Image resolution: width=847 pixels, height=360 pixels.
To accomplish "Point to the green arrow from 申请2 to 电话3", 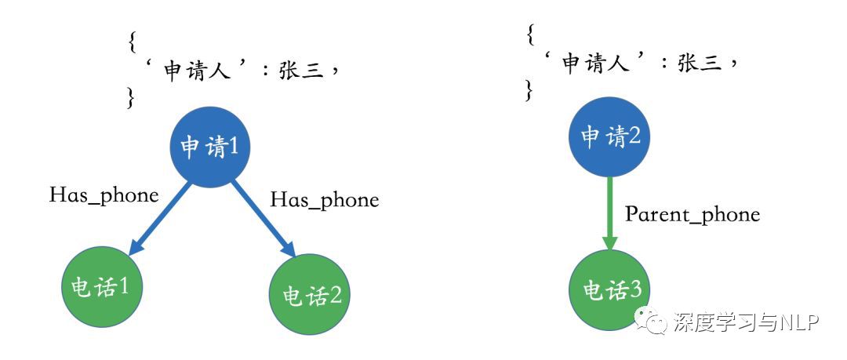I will pos(610,213).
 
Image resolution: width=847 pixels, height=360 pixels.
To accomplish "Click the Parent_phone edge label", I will pos(692,214).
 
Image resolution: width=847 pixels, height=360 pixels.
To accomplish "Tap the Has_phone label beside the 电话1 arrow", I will pos(104,195).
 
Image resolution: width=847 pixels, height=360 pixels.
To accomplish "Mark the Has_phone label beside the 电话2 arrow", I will pos(324,200).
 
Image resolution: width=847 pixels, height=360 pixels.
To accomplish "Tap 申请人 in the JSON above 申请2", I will pos(593,64).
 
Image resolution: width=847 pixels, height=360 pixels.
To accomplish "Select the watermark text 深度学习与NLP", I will pos(746,322).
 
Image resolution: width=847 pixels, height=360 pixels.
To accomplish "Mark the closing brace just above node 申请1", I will pos(131,97).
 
